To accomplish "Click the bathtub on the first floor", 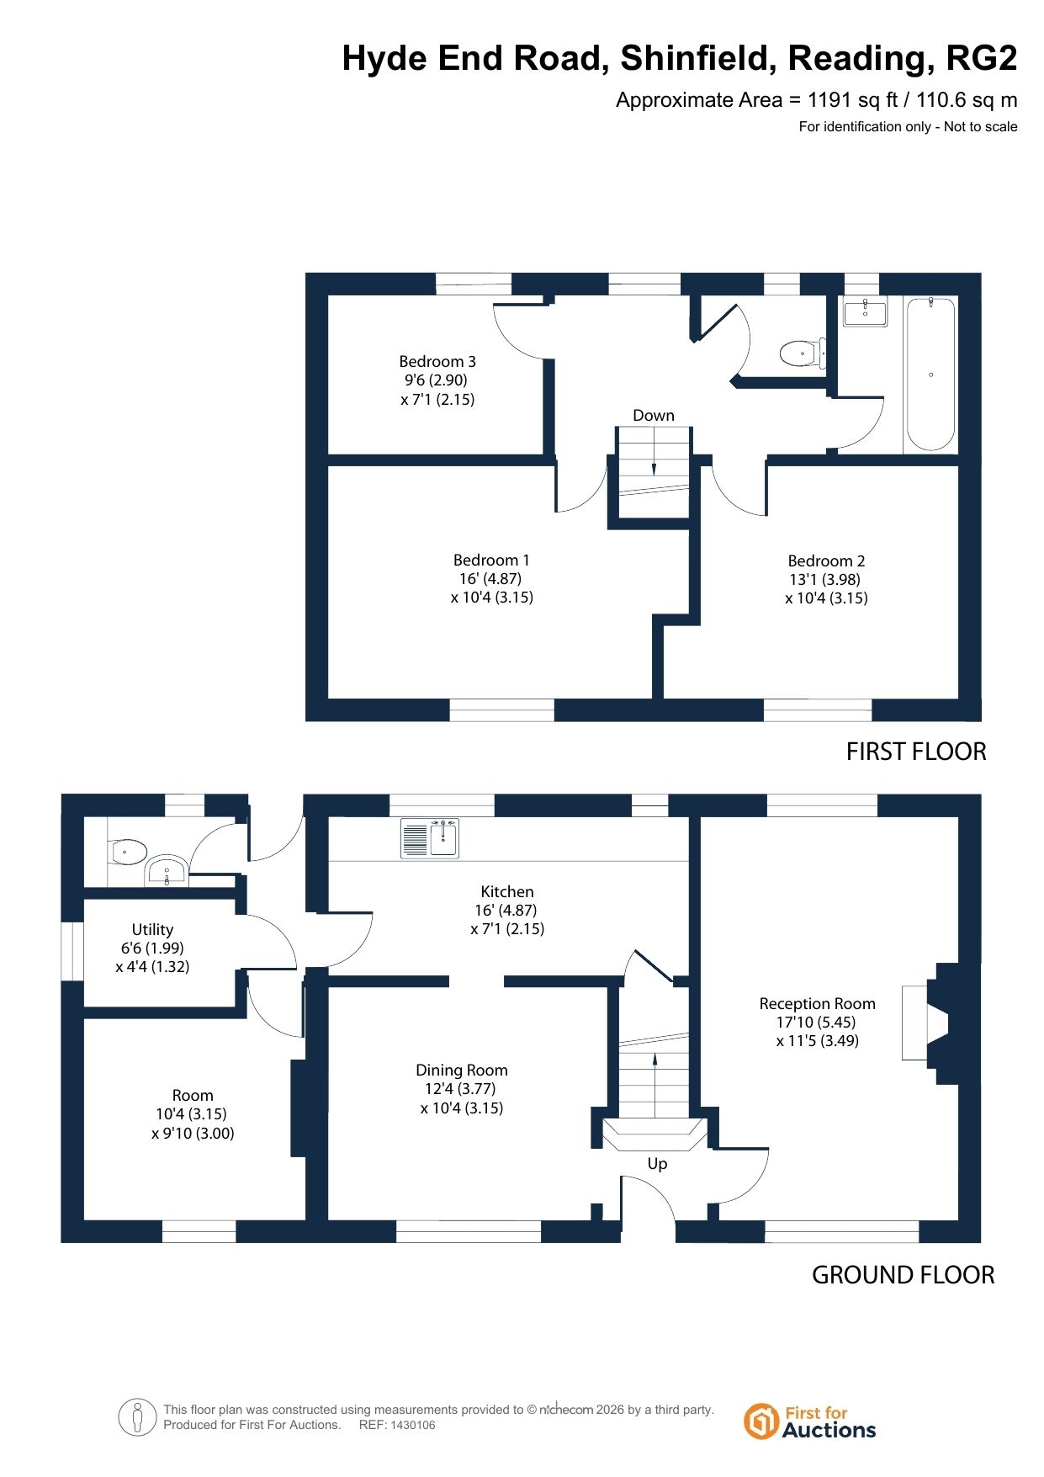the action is point(930,374).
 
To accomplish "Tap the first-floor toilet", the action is point(803,353).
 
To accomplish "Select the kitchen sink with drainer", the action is point(430,838).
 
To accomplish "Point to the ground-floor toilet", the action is point(130,851).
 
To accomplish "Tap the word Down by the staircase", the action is point(654,415).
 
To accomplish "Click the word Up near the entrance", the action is point(657,1163).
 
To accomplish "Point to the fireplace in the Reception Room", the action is point(940,1023).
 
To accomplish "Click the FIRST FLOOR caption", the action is point(916,752).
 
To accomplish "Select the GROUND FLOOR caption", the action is point(903,1275).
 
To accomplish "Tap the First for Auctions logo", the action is point(809,1421).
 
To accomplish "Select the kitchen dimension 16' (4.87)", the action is point(506,910).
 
